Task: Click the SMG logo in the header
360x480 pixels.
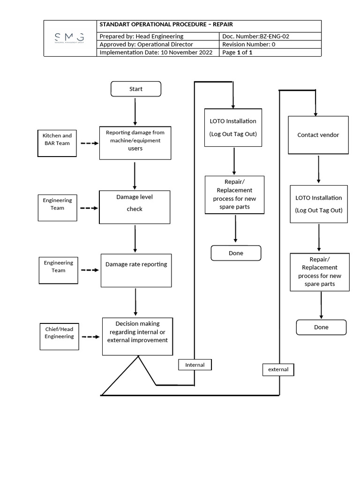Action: pos(69,37)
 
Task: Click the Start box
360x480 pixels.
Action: pos(135,89)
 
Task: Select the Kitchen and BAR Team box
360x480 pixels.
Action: pos(57,140)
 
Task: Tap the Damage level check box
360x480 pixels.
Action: pos(135,206)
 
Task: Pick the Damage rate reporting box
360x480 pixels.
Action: pos(136,270)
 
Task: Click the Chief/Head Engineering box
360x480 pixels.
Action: pos(59,333)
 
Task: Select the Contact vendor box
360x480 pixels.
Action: pos(318,135)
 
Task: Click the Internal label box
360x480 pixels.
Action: pos(195,365)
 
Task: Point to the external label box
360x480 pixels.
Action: pos(278,370)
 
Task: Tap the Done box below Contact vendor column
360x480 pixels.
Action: pos(321,327)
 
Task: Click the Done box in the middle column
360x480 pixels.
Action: pos(236,253)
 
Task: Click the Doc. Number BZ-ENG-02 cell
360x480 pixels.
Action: pos(270,36)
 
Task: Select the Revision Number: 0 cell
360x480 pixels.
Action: pos(270,44)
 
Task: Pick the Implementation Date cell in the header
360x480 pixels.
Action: pos(158,52)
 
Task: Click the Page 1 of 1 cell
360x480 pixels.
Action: pos(270,52)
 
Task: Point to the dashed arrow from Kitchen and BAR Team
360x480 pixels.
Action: pos(89,143)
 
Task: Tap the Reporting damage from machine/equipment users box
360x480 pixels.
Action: pos(135,142)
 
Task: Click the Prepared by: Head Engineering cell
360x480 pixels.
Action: pos(158,36)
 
